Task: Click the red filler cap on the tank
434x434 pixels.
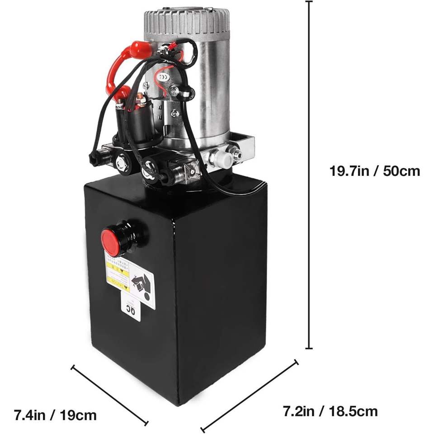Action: tap(111, 241)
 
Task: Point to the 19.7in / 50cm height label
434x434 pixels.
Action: tap(375, 171)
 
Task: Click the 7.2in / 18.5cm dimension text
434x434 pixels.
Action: tap(330, 411)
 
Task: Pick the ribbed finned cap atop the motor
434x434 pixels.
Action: tap(180, 22)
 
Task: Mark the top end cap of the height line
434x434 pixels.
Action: tap(309, 2)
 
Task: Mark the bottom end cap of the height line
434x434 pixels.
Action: tap(309, 348)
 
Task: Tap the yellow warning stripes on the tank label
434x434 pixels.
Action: tap(118, 278)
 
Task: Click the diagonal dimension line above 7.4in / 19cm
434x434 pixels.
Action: tap(109, 395)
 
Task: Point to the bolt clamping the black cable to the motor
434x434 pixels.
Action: tap(185, 94)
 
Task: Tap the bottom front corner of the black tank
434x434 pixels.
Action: tap(179, 404)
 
